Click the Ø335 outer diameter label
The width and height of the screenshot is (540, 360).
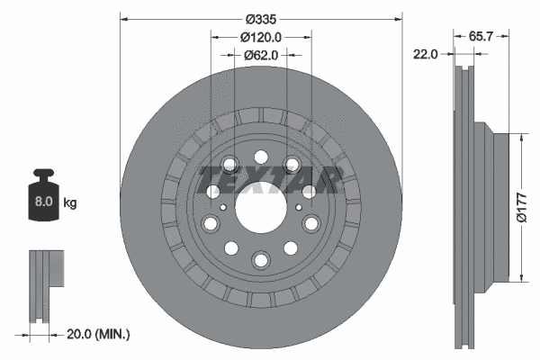click(261, 17)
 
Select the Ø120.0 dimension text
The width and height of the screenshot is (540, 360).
click(261, 37)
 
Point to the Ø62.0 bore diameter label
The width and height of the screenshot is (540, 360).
click(261, 55)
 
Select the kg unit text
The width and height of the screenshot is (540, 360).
click(70, 203)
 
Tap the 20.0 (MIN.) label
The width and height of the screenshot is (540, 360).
click(99, 334)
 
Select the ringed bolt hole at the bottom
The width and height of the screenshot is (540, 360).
click(261, 260)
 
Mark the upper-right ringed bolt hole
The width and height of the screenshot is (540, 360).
click(292, 165)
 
